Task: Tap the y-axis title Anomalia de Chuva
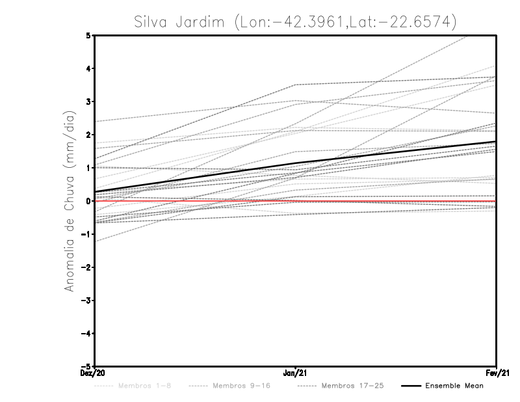pos(69,201)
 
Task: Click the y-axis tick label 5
pos(89,35)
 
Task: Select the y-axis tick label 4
pos(89,68)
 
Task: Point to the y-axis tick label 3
pos(89,101)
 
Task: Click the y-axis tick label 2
pos(89,135)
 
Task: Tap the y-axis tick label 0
pos(89,201)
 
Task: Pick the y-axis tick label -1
pos(87,234)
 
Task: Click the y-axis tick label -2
pos(87,267)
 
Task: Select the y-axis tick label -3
pos(87,301)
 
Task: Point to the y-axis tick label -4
pos(87,334)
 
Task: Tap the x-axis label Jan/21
pos(296,373)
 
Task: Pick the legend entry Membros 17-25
pos(353,386)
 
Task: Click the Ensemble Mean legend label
pos(454,386)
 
